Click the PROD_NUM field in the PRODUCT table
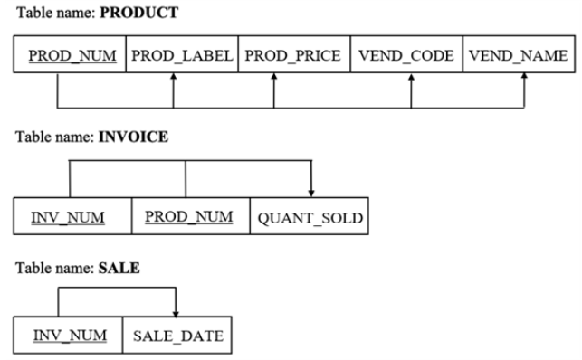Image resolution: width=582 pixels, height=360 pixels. click(x=72, y=56)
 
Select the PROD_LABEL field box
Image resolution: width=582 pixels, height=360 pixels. click(x=181, y=56)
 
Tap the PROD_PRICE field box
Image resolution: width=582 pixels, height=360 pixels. click(x=293, y=56)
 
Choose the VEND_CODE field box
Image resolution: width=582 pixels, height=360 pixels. click(x=405, y=56)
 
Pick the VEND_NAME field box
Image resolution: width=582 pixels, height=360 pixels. click(x=518, y=56)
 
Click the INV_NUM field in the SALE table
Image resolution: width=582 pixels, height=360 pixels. click(x=69, y=336)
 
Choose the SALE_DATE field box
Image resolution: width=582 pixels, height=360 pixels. click(x=176, y=336)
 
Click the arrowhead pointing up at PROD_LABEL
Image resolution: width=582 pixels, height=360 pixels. click(x=173, y=80)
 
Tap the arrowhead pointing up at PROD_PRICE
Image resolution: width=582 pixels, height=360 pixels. click(x=274, y=80)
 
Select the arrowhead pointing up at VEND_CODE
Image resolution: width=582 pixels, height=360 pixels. click(x=411, y=80)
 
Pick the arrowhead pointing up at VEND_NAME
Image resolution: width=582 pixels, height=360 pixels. click(x=525, y=80)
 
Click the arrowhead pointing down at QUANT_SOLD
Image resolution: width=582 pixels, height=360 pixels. click(x=311, y=191)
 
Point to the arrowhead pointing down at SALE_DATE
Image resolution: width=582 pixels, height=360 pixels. click(x=175, y=310)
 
